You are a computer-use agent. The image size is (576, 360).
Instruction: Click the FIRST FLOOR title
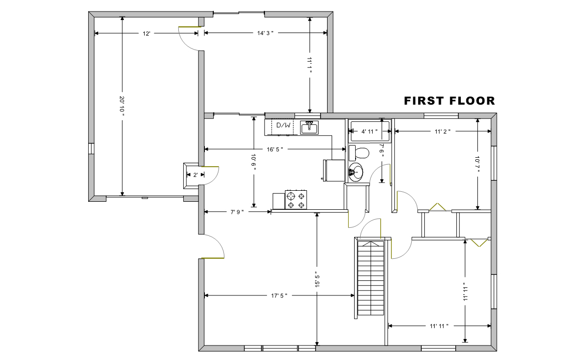tap(449, 101)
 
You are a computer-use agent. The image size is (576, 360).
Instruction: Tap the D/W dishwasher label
tap(283, 125)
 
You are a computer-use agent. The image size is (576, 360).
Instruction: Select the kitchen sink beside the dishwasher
tap(310, 128)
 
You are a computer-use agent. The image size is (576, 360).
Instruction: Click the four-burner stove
tap(296, 200)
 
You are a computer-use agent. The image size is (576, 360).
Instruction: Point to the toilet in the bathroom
tap(359, 153)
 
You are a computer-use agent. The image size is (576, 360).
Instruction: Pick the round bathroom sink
tap(356, 172)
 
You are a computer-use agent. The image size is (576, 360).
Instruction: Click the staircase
tap(371, 278)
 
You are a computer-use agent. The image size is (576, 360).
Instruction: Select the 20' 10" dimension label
tap(122, 106)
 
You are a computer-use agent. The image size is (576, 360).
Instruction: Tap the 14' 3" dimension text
tap(265, 33)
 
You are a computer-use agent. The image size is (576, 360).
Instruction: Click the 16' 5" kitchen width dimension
tap(275, 149)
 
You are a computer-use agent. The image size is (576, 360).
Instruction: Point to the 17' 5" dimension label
tap(279, 295)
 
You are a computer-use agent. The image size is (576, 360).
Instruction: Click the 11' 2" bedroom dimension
tap(443, 132)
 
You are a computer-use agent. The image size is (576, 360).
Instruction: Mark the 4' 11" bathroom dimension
tap(369, 132)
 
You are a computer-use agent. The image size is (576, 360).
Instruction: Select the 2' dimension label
tap(195, 175)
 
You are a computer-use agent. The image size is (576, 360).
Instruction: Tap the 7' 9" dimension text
tap(237, 212)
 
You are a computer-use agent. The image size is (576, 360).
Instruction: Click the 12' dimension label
tap(146, 34)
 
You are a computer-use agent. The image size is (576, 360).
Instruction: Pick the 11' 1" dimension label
tap(310, 65)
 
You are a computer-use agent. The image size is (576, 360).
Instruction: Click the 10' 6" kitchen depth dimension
tap(253, 161)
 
